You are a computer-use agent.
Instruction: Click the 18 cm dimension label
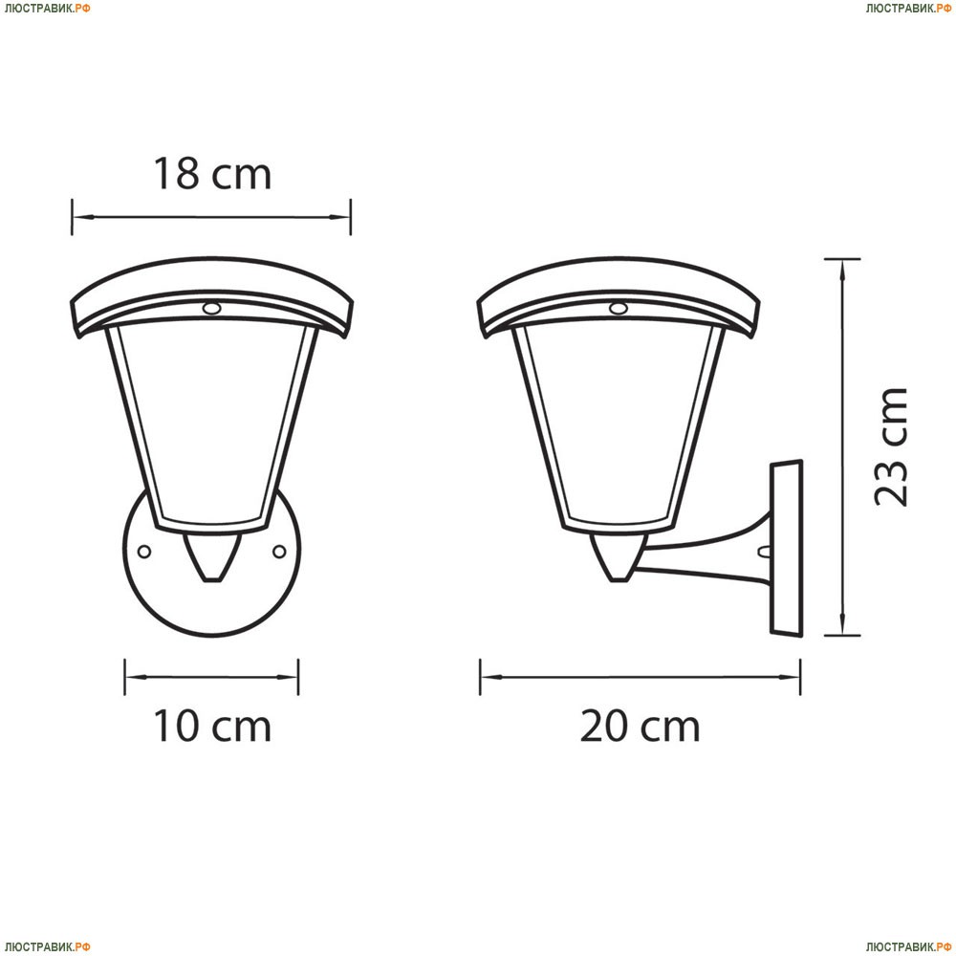coord(211,174)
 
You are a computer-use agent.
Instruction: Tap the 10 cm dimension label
coord(211,726)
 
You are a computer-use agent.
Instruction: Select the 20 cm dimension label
coord(640,726)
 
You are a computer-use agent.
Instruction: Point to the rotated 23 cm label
coord(891,446)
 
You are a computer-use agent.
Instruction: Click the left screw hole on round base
coord(144,552)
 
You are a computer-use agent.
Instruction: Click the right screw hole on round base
coord(279,552)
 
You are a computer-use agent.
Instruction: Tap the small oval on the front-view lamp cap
coord(211,309)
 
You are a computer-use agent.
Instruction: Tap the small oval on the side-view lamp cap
coord(619,309)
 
